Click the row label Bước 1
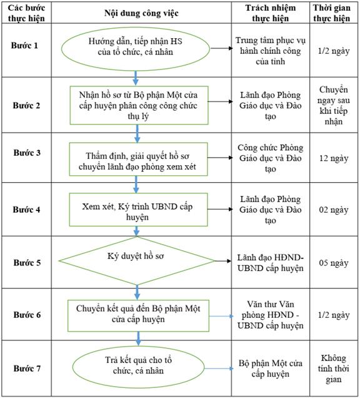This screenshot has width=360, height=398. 24,46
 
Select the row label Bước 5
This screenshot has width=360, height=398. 27,262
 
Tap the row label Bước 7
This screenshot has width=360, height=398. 27,369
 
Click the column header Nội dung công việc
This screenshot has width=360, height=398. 141,13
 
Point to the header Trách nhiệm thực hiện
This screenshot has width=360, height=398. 271,13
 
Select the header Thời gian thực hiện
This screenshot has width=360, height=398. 332,13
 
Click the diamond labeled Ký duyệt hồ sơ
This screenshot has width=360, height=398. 137,261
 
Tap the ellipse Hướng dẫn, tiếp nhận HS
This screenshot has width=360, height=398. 136,49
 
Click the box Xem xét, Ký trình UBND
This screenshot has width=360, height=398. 138,210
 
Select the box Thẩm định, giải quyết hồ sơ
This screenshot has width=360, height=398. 138,159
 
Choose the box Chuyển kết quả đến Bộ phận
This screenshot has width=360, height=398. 138,316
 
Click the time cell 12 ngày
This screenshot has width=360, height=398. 334,158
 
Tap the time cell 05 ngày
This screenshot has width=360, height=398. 334,263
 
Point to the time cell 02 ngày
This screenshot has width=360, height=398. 334,210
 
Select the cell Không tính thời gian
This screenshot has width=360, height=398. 334,369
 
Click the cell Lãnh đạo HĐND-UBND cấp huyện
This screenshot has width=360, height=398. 271,263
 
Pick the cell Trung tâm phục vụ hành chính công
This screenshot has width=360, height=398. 271,51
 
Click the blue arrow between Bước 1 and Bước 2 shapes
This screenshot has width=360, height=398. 136,78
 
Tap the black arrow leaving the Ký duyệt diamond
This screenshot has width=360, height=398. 223,261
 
